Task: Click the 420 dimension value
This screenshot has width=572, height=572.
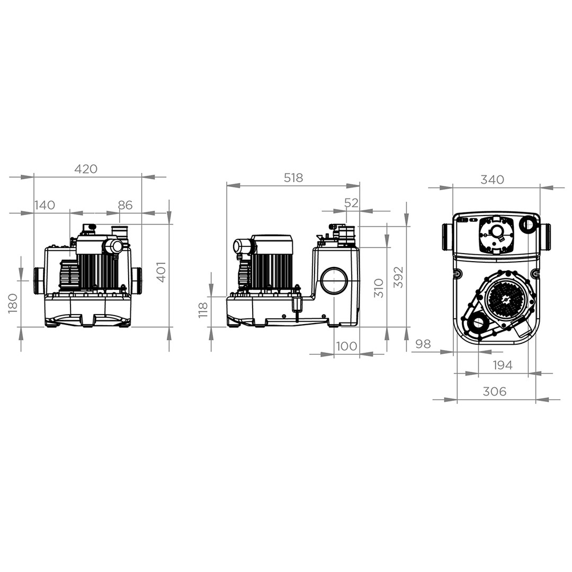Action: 86,169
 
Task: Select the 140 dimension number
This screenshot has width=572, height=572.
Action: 45,205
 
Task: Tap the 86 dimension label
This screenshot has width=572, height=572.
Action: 125,205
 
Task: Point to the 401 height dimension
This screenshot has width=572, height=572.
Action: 161,272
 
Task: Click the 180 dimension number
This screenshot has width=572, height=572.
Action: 13,303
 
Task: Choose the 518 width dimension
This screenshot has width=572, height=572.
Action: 293,177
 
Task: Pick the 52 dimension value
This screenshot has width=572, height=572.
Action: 351,203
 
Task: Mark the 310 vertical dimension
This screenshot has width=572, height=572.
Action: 379,288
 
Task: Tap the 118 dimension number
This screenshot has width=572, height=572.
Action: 203,310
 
